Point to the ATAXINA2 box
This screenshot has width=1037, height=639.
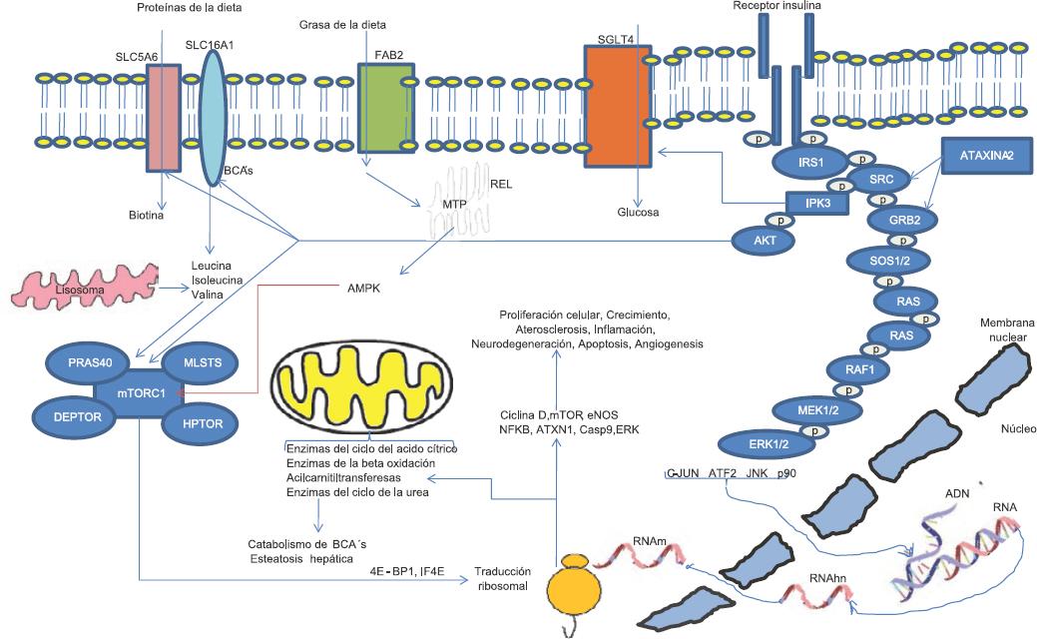coord(982,156)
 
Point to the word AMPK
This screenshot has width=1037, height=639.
coord(365,287)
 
